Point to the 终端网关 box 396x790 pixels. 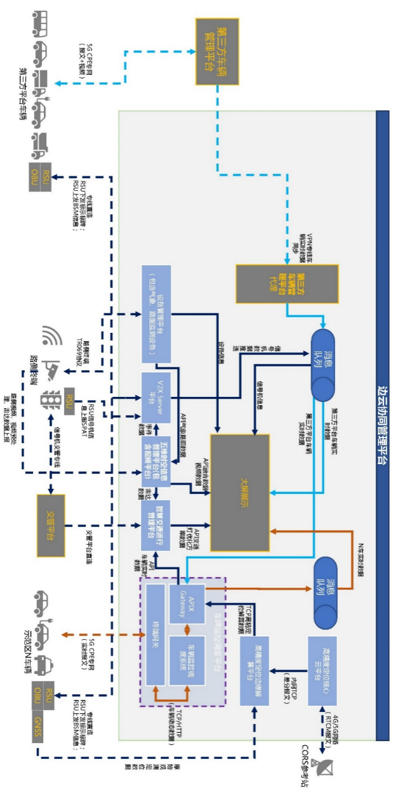155,635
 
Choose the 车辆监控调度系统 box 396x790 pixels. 187,660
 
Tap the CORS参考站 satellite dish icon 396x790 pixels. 330,767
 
